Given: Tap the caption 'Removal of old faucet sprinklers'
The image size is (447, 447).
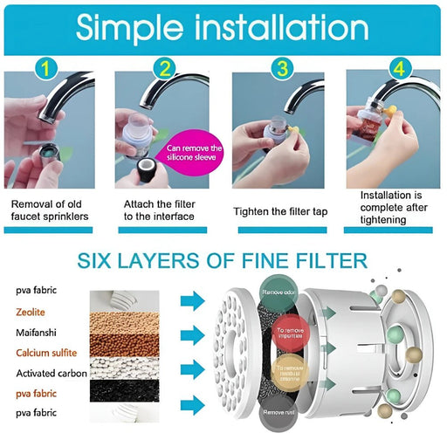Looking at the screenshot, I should click(50, 210).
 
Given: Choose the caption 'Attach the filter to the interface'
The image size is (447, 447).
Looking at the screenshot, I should click(163, 210).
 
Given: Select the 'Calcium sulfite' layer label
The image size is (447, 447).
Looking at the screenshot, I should click(45, 353).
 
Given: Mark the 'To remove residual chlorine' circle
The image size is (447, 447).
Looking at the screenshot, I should click(290, 373).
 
